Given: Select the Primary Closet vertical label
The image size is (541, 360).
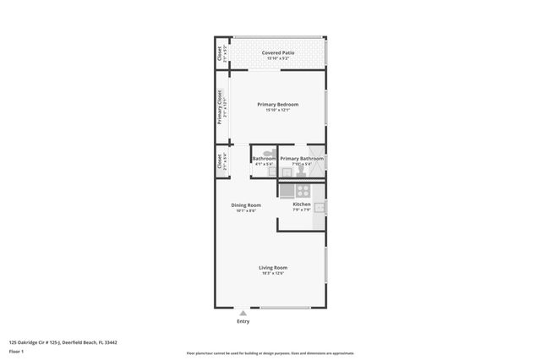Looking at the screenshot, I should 220,106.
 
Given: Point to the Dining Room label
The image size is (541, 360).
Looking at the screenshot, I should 246,205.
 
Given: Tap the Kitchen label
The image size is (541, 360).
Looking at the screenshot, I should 302,204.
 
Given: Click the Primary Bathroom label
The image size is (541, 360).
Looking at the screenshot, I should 302,158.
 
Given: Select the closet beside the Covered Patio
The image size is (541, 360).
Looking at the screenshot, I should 220,55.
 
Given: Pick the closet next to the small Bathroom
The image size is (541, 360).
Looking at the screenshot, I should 220,161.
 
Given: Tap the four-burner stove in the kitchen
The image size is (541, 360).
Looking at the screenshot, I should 287,190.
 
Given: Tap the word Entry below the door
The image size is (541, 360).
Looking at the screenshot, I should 243,321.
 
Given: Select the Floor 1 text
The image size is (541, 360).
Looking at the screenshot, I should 16,350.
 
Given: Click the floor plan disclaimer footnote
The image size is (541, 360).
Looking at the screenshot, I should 270,353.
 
